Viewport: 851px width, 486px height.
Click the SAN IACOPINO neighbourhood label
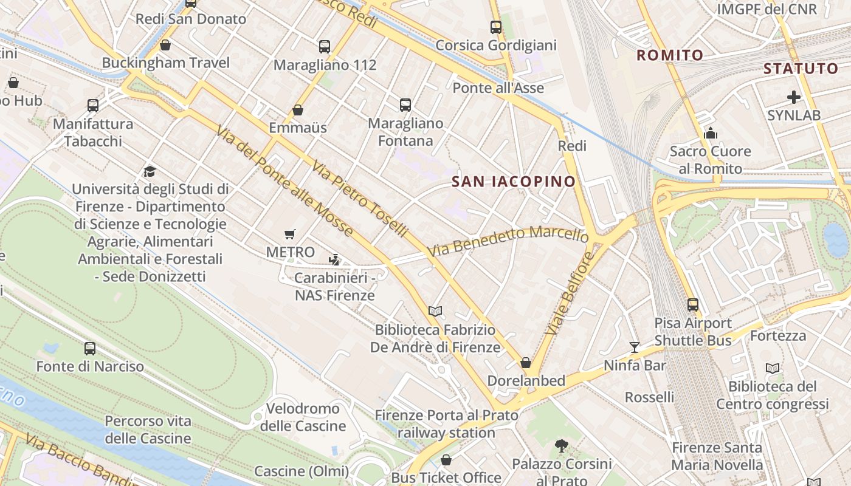click(514, 181)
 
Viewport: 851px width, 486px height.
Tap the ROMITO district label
click(670, 55)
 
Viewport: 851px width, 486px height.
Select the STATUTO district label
click(801, 68)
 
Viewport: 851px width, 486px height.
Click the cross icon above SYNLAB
click(793, 97)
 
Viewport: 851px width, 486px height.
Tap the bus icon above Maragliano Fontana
click(405, 105)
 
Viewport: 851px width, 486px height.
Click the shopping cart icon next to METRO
click(290, 234)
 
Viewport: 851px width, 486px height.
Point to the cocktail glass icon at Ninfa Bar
click(635, 347)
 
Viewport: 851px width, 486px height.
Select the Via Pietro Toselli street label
click(360, 199)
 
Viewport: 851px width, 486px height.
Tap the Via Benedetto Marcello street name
click(508, 241)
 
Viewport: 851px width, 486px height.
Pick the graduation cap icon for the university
click(150, 171)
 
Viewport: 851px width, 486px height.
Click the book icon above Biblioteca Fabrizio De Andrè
click(435, 312)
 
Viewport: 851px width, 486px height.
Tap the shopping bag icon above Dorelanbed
click(526, 363)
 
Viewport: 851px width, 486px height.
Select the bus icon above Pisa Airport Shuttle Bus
click(693, 305)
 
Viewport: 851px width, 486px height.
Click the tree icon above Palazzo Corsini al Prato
click(562, 447)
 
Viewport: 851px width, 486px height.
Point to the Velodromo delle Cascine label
click(303, 417)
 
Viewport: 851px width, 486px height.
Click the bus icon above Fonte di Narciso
click(90, 349)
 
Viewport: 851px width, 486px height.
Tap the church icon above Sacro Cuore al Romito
click(710, 133)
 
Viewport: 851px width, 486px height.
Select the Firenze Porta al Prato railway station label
click(446, 424)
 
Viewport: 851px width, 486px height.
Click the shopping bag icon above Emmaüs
click(298, 110)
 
